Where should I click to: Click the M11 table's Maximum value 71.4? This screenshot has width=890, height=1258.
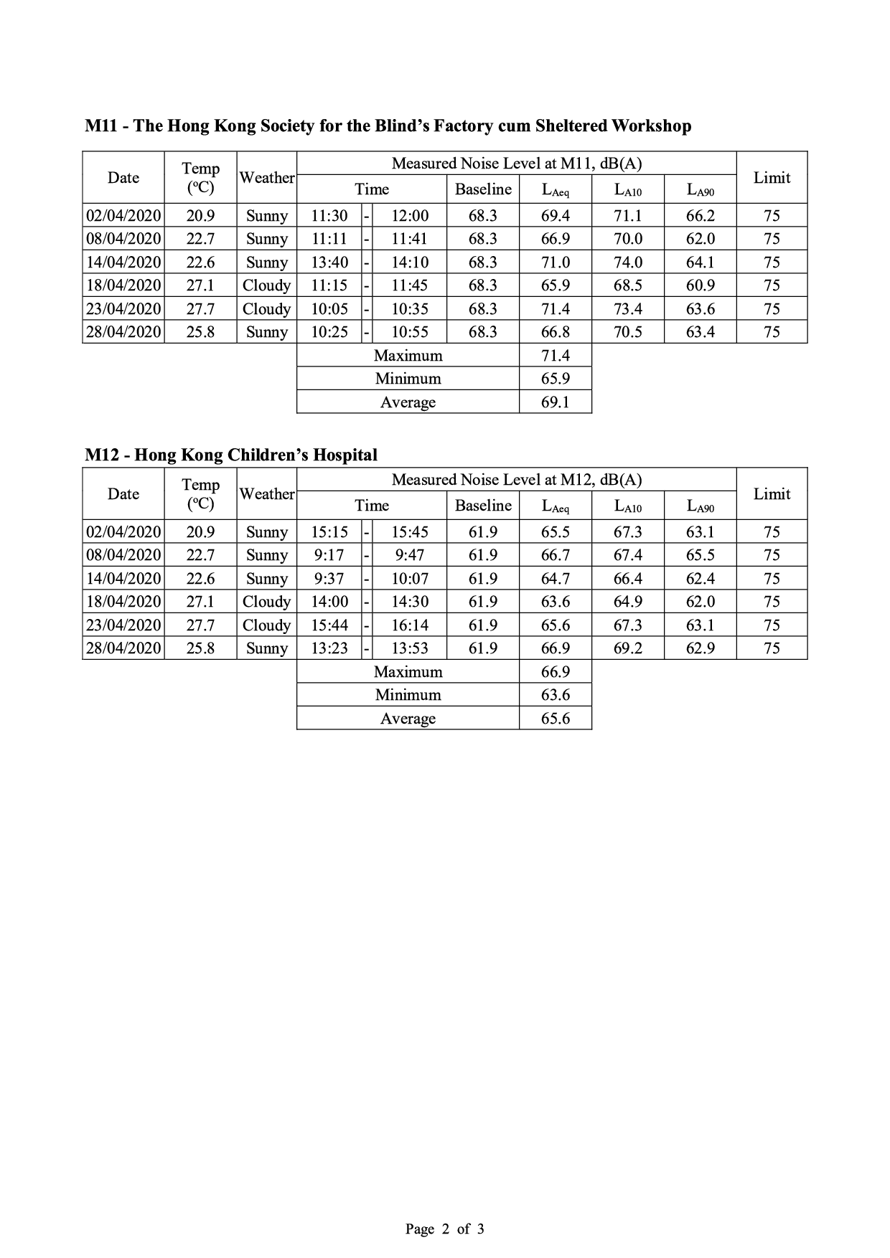coord(555,356)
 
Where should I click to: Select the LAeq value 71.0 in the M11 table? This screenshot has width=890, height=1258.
coord(555,263)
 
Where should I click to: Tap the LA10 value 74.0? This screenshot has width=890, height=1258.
coord(627,263)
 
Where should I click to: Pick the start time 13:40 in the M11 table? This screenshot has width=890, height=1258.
coord(329,263)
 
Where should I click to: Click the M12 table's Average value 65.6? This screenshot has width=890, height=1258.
coord(555,719)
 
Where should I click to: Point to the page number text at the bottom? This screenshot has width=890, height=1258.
coord(444,1229)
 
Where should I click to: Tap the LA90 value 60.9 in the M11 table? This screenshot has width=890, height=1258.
coord(700,285)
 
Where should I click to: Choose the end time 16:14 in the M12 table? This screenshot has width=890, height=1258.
coord(409,625)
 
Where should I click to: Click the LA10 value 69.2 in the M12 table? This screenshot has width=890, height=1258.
coord(627,648)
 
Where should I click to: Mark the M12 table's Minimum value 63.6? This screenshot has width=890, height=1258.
coord(555,695)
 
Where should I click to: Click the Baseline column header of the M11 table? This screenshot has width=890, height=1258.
coord(483,189)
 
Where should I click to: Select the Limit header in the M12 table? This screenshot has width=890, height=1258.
coord(772,494)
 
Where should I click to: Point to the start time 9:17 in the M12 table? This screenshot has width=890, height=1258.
coord(329,555)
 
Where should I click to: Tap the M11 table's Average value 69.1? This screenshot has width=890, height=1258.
coord(555,402)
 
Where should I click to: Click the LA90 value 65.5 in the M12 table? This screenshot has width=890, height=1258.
coord(700,555)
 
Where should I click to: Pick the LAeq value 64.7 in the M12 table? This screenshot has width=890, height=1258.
coord(555,579)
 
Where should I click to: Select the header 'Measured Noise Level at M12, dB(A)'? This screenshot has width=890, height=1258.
coord(516,480)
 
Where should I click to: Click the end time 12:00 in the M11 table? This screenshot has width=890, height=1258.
coord(409,216)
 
